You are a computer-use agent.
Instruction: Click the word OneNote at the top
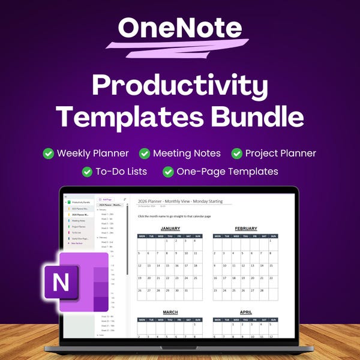[x=179, y=28]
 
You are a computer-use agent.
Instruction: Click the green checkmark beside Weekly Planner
[x=49, y=154]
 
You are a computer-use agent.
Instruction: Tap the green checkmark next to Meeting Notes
[x=145, y=154]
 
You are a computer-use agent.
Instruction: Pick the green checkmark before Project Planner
[x=237, y=154]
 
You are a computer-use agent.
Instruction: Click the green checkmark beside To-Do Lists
[x=87, y=172]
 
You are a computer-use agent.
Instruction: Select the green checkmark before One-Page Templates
[x=168, y=172]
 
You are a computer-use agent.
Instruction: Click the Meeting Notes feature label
[x=187, y=154]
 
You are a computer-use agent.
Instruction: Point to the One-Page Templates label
[x=227, y=172]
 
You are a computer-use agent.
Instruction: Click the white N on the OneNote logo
[x=61, y=281]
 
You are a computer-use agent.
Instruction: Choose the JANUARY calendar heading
[x=170, y=229]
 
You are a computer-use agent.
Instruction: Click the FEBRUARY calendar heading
[x=246, y=229]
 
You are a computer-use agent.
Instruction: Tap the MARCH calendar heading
[x=170, y=312]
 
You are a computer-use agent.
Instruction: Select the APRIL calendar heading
[x=246, y=312]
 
